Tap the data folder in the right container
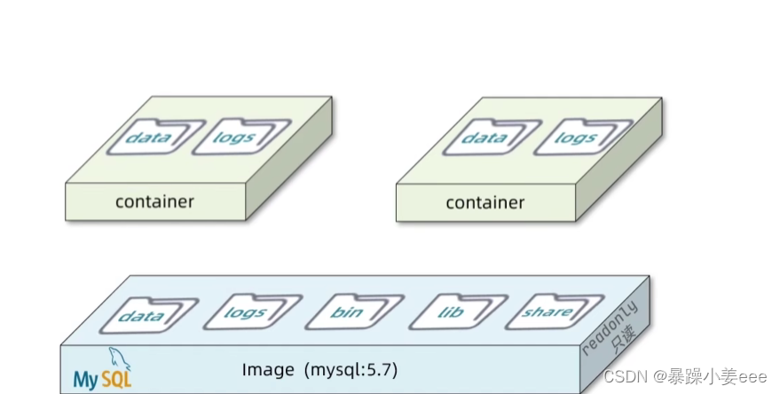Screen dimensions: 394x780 pos(485,138)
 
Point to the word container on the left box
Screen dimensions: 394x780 pos(154,201)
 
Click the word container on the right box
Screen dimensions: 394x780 pos(485,202)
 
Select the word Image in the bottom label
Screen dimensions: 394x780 pos(265,368)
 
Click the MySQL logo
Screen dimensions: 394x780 pos(103,372)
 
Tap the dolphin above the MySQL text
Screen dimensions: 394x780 pos(116,359)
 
